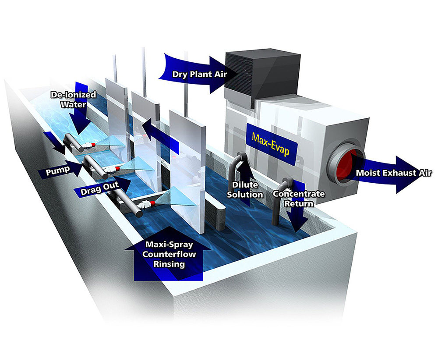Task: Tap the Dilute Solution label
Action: pos(247,190)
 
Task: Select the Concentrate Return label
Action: pos(298,199)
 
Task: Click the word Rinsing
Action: pos(168,264)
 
